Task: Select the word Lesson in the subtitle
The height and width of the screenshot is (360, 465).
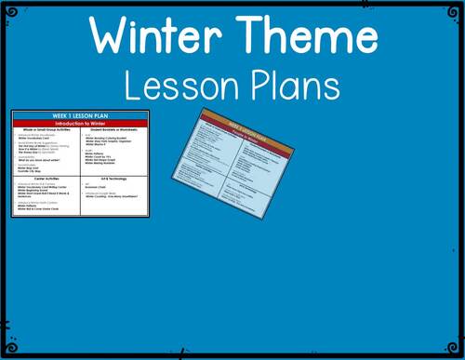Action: coord(177,86)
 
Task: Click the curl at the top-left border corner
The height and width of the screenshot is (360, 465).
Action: coord(7,7)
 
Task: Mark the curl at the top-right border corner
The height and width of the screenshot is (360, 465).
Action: coord(457,7)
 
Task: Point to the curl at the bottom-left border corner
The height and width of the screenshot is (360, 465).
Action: coord(7,352)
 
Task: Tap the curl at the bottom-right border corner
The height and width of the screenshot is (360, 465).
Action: coord(457,352)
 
